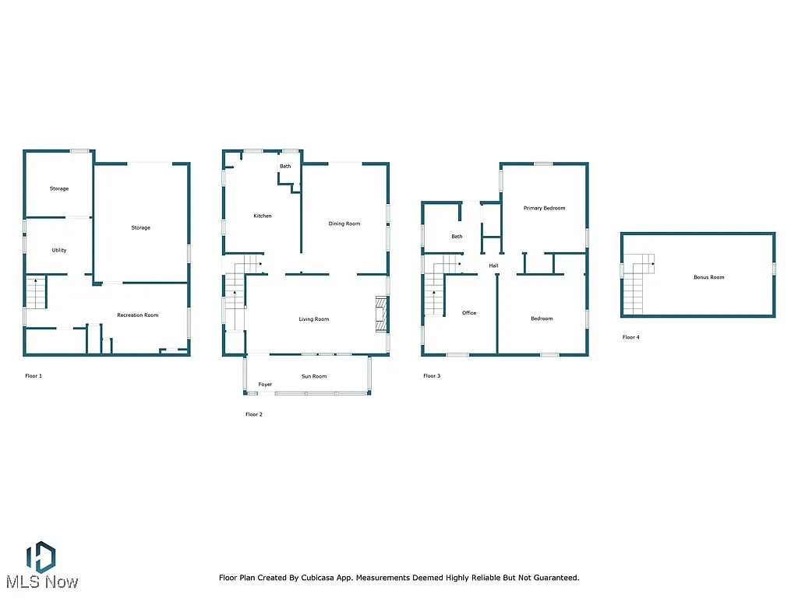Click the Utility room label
[59, 250]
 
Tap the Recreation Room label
[137, 315]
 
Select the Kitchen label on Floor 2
[263, 216]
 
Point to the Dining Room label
[344, 223]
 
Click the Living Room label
[314, 318]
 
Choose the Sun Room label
[314, 376]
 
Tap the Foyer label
[266, 384]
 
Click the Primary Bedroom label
[544, 208]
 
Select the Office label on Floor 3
[469, 313]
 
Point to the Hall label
[493, 266]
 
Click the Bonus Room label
[709, 277]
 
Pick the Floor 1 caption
[34, 375]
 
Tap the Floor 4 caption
[631, 337]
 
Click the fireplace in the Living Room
[381, 314]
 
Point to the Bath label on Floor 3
[457, 236]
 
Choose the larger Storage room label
[140, 227]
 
